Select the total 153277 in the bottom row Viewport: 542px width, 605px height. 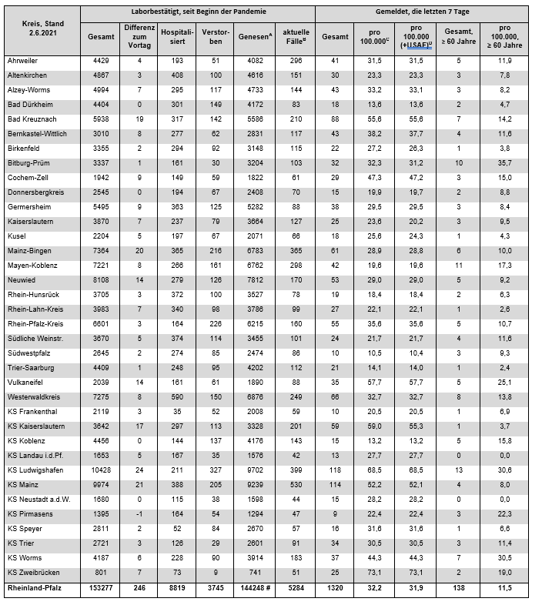[x=99, y=590]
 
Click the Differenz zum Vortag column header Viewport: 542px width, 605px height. [x=135, y=36]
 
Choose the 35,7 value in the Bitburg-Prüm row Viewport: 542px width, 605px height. [x=506, y=162]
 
